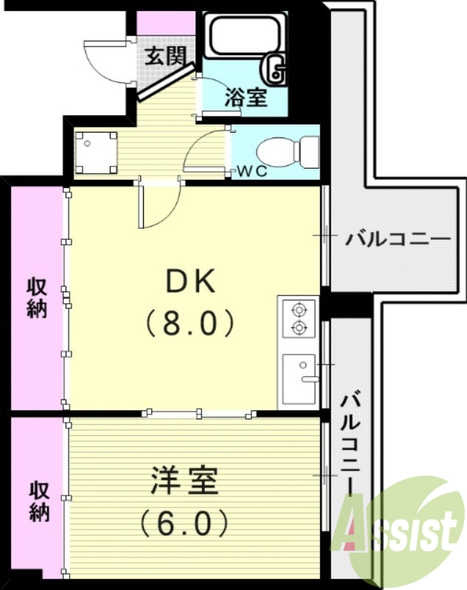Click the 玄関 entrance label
164,58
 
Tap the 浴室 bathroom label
246,98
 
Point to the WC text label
251,172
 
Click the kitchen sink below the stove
300,378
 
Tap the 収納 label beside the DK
38,296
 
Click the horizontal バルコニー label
398,240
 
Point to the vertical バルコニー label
352,442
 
